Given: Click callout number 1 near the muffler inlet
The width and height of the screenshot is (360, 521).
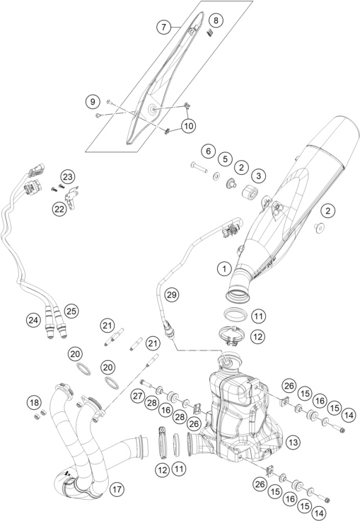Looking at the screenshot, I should coord(223,268).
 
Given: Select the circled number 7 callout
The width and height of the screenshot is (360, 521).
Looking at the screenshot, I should coord(165,28).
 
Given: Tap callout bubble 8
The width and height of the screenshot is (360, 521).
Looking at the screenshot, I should coord(215,19).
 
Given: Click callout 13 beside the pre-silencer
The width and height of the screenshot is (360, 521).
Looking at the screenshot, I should coord(291,441).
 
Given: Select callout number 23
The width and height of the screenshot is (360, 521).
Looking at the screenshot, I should coord(66,176).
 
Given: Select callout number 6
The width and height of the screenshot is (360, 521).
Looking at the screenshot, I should coord(207,150).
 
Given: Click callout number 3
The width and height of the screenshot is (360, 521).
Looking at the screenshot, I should coord(258,175).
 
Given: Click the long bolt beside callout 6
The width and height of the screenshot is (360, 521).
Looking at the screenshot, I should coord(199,169).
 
